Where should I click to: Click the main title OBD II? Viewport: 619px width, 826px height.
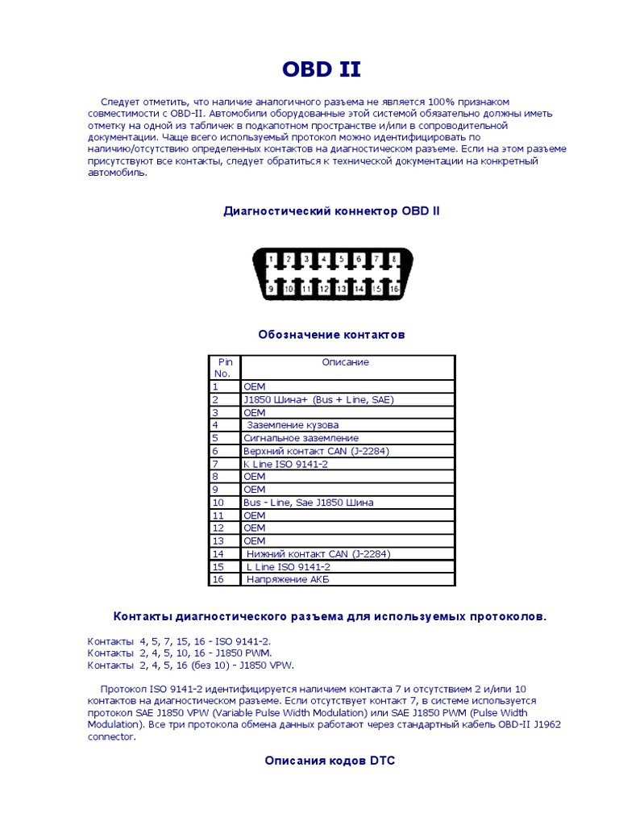pos(321,70)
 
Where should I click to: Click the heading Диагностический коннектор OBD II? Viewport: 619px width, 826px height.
pos(331,211)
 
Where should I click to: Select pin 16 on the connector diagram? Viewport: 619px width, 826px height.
pos(393,288)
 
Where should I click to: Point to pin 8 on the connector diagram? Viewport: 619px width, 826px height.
pos(395,260)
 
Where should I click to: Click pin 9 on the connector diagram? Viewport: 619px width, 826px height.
pos(272,288)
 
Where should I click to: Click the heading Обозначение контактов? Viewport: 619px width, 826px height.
pos(331,334)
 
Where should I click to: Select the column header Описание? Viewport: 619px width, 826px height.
pos(346,362)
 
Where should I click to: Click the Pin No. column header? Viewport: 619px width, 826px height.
pos(224,368)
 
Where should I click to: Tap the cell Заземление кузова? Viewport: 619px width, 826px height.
pos(293,425)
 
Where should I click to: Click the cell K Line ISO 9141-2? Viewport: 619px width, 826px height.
pos(285,464)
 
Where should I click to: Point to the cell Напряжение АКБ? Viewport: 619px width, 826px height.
pos(288,580)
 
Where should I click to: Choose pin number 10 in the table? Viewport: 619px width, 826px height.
pos(218,503)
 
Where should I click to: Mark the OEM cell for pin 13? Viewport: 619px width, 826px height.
pos(254,541)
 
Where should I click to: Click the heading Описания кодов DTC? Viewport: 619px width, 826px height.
pos(330,761)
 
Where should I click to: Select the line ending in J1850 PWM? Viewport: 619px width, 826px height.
pos(180,653)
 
